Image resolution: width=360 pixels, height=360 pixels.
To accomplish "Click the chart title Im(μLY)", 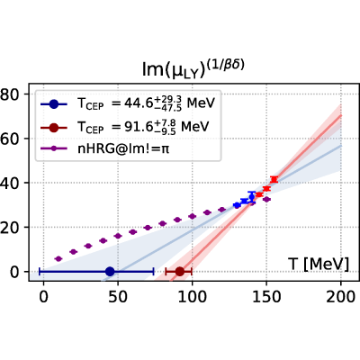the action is coord(193,69).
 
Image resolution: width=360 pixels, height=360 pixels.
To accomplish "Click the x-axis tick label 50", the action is coord(118,297).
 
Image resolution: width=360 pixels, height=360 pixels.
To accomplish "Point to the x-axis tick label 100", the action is coord(192,297).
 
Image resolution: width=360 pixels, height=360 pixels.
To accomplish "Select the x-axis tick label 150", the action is coord(266,297).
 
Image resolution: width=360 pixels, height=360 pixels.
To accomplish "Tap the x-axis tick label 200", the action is coord(341,297).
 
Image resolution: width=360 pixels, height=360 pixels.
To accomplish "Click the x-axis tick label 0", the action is coord(43,297).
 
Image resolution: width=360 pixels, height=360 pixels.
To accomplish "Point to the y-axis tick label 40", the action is coord(11,183).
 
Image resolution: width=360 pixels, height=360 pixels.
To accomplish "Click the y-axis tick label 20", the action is coord(11,227).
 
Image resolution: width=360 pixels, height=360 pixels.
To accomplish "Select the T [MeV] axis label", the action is coord(319,265).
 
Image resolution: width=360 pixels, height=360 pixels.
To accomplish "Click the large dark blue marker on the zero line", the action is coord(110,272).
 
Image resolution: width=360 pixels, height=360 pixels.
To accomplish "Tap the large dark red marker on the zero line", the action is coord(180,272).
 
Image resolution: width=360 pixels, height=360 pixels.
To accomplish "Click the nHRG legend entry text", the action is coord(123,149).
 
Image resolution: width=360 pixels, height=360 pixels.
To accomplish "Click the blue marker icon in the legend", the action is coord(54,104).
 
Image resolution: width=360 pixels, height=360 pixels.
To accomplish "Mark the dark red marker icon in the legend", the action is coord(54,128).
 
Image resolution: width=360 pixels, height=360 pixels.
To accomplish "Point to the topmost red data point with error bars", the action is coord(274,179).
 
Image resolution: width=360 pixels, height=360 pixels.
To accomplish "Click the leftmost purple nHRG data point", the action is coord(58,258).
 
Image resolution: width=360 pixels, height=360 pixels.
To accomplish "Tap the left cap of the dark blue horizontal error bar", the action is coord(40,272).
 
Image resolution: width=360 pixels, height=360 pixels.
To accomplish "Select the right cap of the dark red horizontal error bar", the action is coord(192,272).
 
